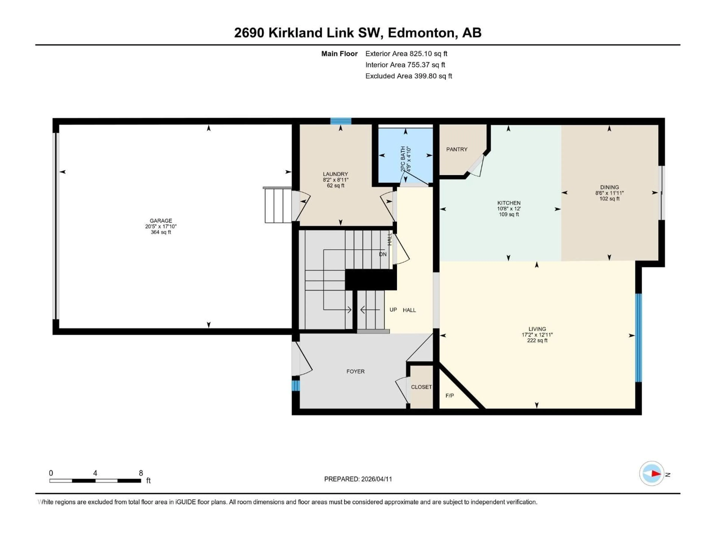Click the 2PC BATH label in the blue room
[x=403, y=159]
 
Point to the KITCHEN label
[x=509, y=203]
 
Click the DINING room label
[x=609, y=187]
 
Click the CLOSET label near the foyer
[x=421, y=387]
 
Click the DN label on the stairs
[x=383, y=254]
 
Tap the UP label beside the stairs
[x=393, y=310]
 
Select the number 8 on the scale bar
[x=141, y=473]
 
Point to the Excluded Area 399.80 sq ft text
[x=409, y=76]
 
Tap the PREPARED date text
[x=358, y=479]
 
